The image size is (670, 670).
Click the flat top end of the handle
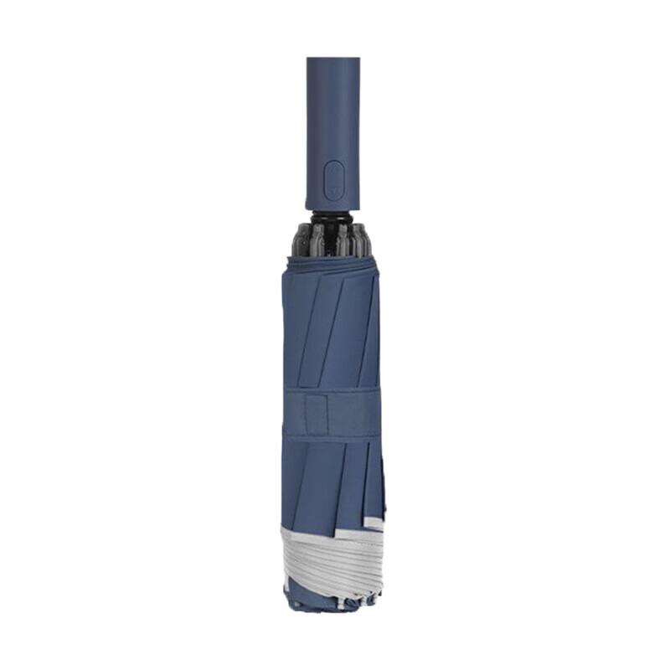pos(333,59)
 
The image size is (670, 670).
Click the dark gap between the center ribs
pos(332,241)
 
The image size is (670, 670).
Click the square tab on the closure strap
pos(316,413)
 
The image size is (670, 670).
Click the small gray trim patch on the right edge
pos(374,523)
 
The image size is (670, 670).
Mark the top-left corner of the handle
pos(308,59)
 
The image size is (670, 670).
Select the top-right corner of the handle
pos(358,59)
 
